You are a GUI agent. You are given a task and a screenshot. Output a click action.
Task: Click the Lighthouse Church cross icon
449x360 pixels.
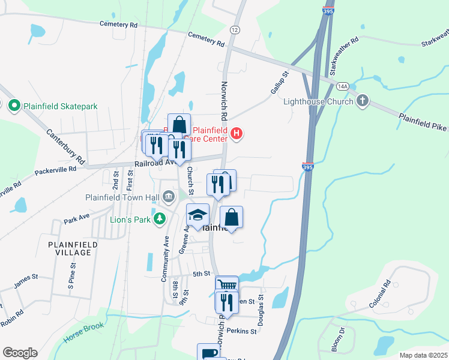(362, 101)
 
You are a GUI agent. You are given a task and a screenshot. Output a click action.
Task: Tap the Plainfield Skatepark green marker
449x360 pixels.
(14, 106)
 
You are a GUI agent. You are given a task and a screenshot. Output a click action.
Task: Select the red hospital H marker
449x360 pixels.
(237, 133)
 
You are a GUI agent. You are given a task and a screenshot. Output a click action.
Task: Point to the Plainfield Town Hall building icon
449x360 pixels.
(169, 196)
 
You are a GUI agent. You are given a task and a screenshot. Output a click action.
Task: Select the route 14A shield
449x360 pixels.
(343, 86)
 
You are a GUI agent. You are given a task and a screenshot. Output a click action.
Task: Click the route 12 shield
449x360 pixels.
(234, 30)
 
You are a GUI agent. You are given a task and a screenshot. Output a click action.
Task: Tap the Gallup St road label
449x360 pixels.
(279, 82)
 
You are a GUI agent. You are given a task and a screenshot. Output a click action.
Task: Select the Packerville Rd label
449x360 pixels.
(55, 169)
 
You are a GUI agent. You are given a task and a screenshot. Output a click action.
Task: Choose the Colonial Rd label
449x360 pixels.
(381, 294)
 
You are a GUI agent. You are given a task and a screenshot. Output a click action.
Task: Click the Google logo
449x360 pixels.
(20, 353)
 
